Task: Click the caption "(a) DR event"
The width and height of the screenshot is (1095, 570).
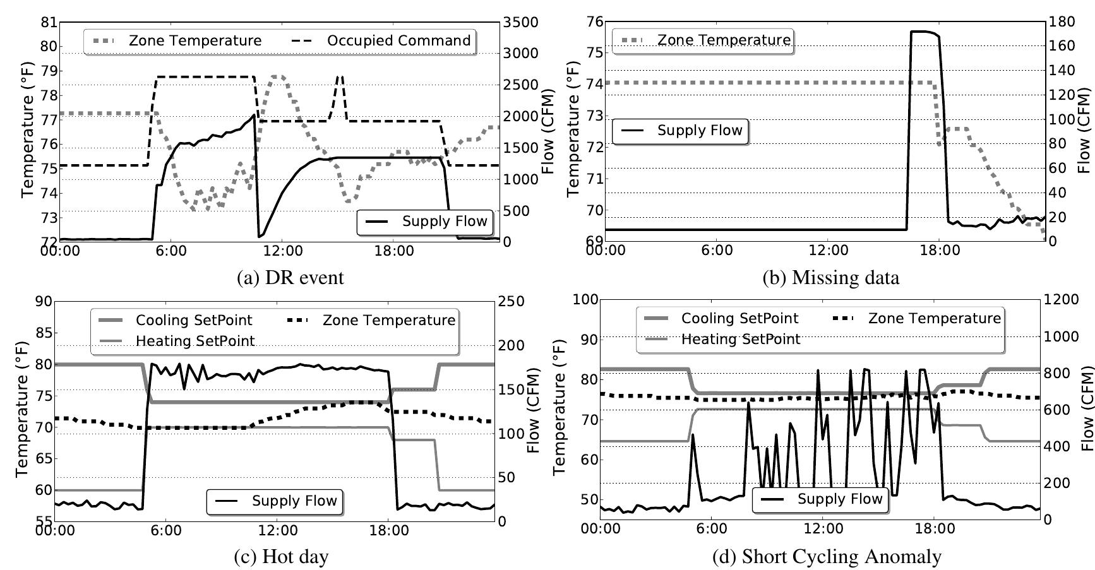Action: [x=290, y=278]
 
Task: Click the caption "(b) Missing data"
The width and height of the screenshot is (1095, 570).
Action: [x=831, y=278]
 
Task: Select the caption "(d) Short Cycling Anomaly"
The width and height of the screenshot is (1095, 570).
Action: [x=827, y=556]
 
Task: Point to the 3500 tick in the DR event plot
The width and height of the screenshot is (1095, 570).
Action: [x=521, y=23]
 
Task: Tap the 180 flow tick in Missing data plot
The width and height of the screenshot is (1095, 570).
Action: [x=1062, y=22]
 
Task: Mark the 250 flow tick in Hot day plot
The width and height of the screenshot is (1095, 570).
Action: [x=511, y=301]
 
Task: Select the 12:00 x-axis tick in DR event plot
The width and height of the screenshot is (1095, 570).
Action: [x=282, y=251]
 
